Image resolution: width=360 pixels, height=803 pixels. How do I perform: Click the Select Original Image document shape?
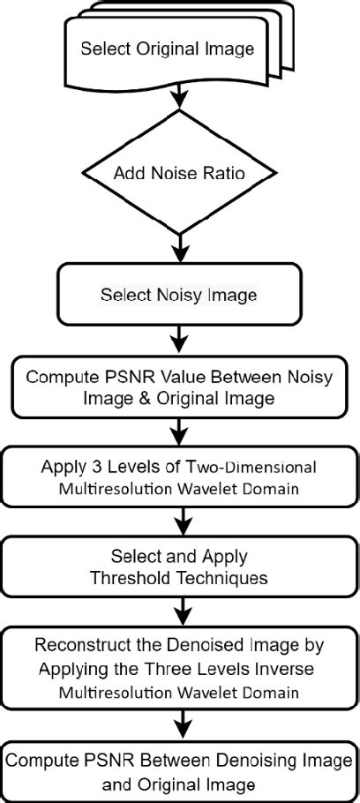pos(167,49)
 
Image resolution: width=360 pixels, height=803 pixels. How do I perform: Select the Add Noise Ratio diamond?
pos(180,172)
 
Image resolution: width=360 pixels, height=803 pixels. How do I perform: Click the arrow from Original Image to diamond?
pos(180,94)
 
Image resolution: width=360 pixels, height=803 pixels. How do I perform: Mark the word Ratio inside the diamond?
pos(226,172)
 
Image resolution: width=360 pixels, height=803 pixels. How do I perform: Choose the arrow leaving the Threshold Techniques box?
pos(180,608)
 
